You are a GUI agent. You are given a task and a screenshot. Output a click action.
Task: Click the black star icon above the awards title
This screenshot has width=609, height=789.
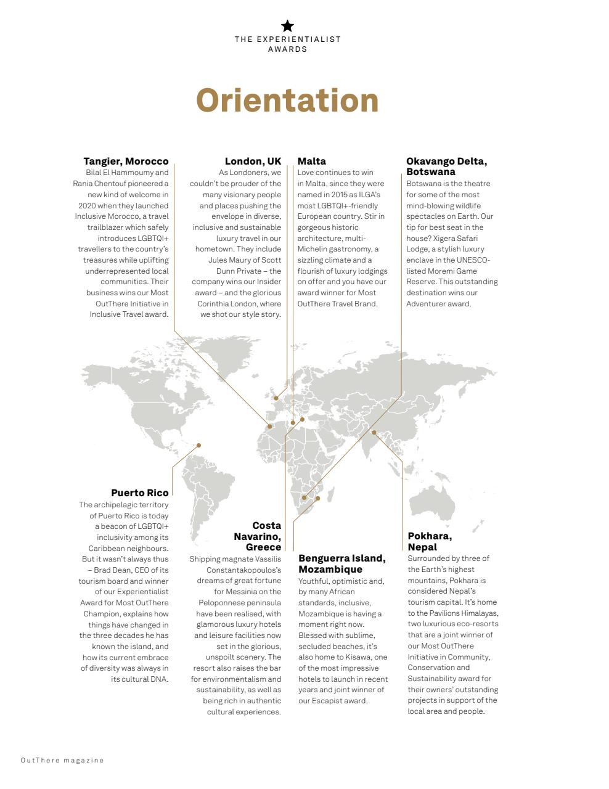pyautogui.click(x=287, y=26)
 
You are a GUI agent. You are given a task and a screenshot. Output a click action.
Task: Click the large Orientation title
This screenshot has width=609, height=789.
pyautogui.click(x=287, y=100)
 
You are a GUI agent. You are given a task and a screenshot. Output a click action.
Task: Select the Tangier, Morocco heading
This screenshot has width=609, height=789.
pyautogui.click(x=126, y=161)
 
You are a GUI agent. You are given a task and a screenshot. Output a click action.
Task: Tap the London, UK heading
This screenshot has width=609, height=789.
pyautogui.click(x=253, y=161)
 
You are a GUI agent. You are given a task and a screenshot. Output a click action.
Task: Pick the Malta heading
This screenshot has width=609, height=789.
pyautogui.click(x=312, y=161)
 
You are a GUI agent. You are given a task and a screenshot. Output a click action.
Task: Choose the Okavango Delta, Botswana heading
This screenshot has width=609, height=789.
pyautogui.click(x=446, y=166)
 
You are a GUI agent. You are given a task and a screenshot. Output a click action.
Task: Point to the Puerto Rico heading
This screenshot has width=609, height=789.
pyautogui.click(x=139, y=493)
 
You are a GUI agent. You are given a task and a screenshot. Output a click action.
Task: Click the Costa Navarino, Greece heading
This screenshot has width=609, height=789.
pyautogui.click(x=258, y=536)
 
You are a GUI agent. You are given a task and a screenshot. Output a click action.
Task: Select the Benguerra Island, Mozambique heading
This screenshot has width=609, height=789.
pyautogui.click(x=341, y=563)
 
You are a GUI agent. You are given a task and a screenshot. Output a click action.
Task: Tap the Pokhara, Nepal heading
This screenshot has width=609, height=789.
pyautogui.click(x=430, y=541)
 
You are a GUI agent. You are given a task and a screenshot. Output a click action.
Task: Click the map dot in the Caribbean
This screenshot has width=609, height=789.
pyautogui.click(x=198, y=445)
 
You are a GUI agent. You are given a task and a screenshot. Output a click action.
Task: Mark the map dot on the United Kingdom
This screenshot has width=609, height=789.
pyautogui.click(x=276, y=398)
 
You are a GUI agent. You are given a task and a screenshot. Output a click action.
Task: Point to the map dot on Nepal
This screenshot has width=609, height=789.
pyautogui.click(x=374, y=433)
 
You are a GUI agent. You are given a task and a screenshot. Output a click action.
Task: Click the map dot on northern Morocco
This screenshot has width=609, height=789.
pyautogui.click(x=269, y=426)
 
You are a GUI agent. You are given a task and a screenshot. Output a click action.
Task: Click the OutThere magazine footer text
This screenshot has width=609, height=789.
pyautogui.click(x=62, y=760)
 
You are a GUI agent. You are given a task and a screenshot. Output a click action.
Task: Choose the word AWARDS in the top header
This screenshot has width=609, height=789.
pyautogui.click(x=287, y=49)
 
